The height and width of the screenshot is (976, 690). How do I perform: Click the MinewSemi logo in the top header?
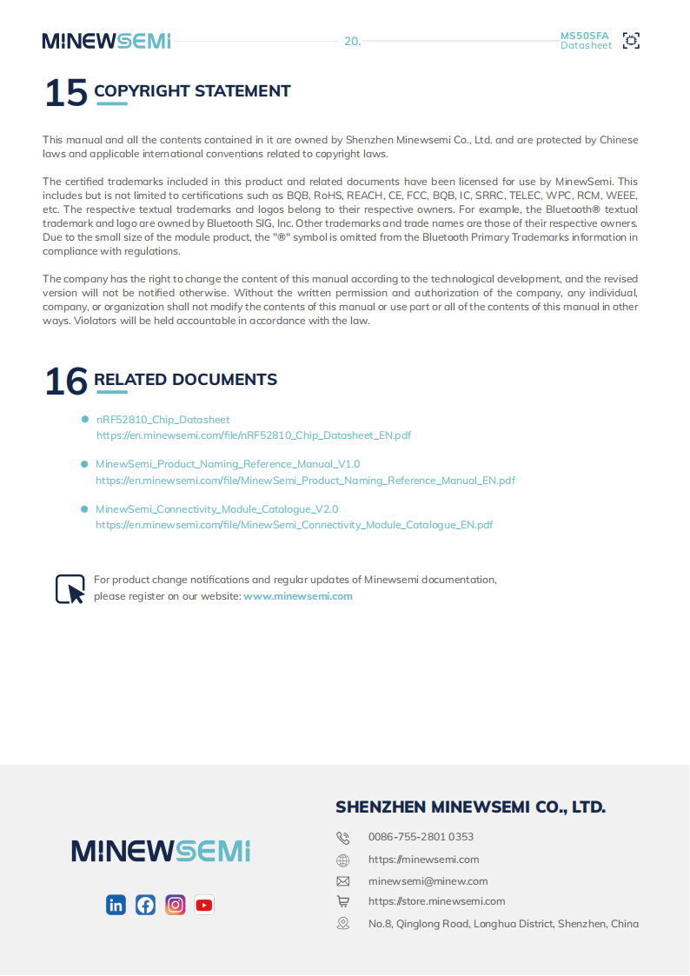[106, 41]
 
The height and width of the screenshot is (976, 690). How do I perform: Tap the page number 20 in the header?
[352, 41]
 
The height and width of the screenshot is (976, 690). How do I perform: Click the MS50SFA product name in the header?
[585, 36]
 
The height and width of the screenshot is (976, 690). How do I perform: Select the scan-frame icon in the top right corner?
[632, 40]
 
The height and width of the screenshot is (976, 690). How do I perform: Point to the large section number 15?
[66, 93]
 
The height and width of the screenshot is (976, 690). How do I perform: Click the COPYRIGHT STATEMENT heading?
[192, 91]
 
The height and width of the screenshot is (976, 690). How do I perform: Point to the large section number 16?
[66, 382]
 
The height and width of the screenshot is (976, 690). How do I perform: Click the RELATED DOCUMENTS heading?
[185, 380]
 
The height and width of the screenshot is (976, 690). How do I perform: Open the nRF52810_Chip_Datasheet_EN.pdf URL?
[254, 435]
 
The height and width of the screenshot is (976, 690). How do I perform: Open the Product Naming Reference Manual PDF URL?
[305, 480]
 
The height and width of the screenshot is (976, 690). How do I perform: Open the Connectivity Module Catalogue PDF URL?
[294, 525]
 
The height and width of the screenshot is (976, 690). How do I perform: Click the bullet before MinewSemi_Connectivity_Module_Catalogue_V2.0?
[84, 509]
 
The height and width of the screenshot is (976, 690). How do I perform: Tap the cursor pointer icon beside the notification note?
[70, 588]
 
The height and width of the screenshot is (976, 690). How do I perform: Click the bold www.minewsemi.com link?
[298, 596]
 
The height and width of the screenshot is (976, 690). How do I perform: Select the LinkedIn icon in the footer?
[116, 905]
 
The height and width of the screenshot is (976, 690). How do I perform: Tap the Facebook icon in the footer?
[145, 905]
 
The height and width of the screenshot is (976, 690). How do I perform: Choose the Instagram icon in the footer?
[176, 905]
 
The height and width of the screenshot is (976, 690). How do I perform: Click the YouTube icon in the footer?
[204, 905]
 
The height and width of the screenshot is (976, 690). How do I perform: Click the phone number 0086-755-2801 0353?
[421, 837]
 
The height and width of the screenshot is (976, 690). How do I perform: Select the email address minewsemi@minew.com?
[428, 880]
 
